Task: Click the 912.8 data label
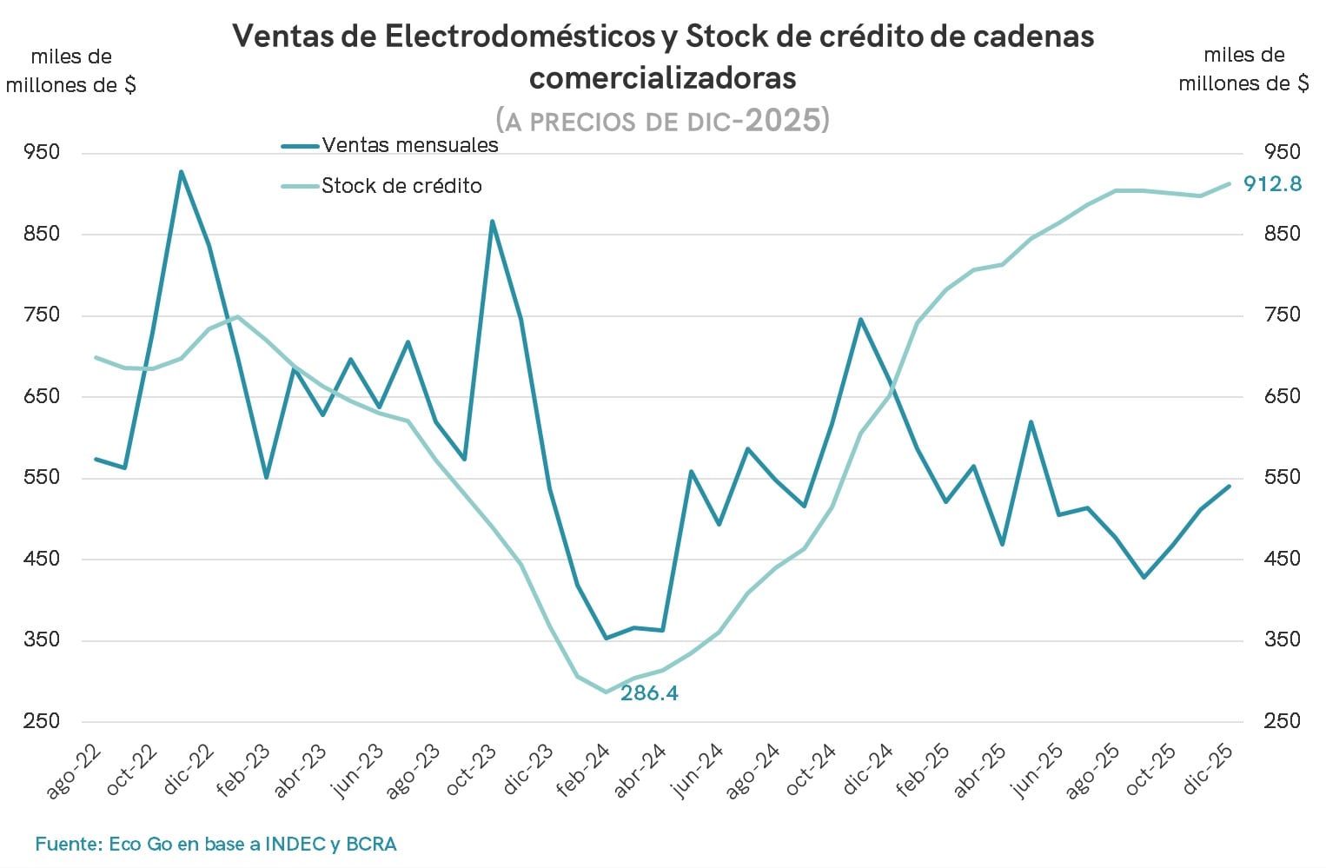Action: [1272, 183]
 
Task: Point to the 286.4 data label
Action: [649, 692]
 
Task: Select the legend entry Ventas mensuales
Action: [409, 145]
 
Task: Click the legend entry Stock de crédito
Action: [401, 186]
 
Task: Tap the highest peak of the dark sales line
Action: [181, 172]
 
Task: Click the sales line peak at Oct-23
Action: [492, 222]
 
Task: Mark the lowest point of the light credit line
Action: [606, 692]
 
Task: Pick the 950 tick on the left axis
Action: [42, 152]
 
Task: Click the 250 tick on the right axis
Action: [1282, 721]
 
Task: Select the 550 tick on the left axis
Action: [42, 477]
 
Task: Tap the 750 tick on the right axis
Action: [1282, 315]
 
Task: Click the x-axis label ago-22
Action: [73, 771]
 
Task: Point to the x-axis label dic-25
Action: [1209, 769]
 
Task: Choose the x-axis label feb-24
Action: [583, 771]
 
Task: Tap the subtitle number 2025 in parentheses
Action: [782, 120]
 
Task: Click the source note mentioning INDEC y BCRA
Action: [215, 844]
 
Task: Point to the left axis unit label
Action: [70, 70]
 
